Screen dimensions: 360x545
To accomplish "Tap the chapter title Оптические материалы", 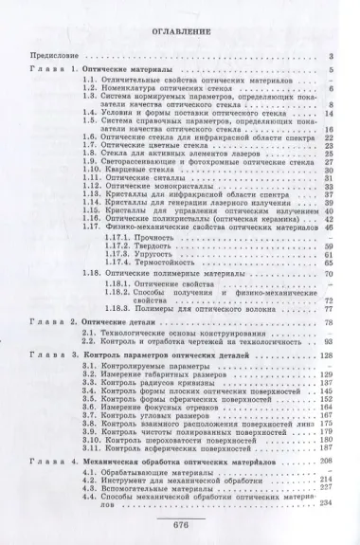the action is (124, 71).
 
